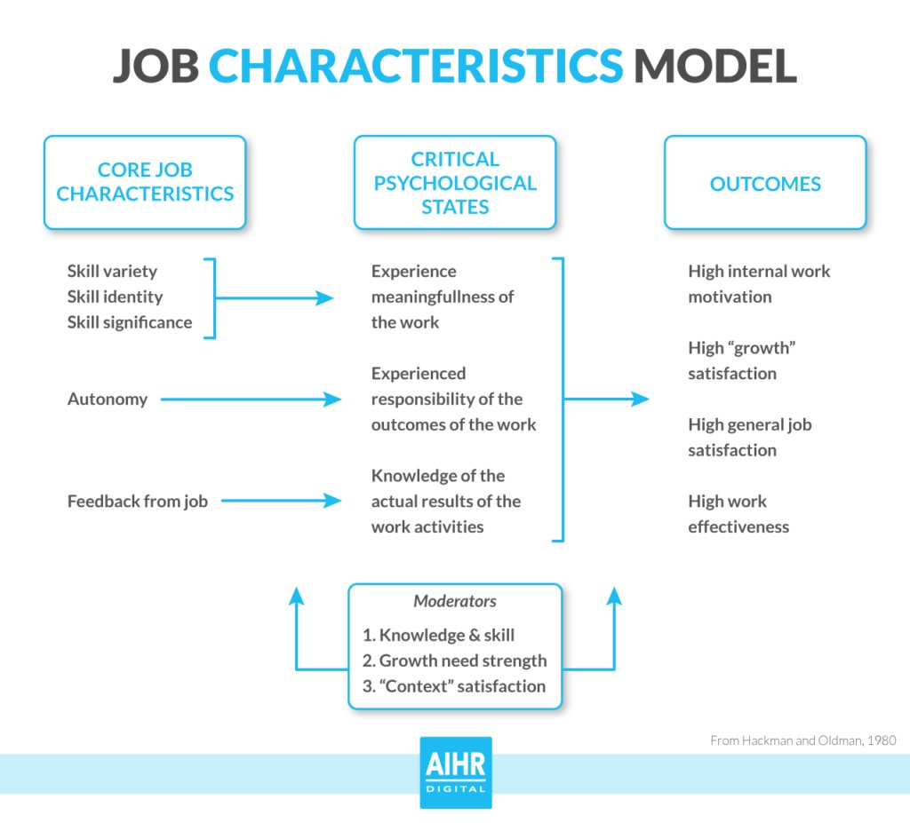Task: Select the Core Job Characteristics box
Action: click(x=145, y=182)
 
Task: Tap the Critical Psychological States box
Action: click(x=455, y=182)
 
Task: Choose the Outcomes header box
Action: click(x=765, y=184)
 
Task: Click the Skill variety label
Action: click(x=112, y=272)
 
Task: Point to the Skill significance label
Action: click(x=130, y=322)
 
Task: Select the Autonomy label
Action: click(x=108, y=400)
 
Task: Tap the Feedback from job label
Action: click(x=138, y=502)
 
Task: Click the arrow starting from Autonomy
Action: click(x=251, y=400)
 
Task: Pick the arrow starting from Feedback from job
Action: click(x=281, y=502)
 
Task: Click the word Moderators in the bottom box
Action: click(x=455, y=602)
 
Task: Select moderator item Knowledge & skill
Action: click(x=439, y=636)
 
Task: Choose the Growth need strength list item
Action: click(x=455, y=661)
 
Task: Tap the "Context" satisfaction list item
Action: click(x=454, y=686)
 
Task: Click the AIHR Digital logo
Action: click(x=455, y=772)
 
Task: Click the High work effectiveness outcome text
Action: click(x=738, y=514)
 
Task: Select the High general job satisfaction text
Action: click(x=749, y=437)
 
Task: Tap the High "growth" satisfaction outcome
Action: click(x=741, y=360)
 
